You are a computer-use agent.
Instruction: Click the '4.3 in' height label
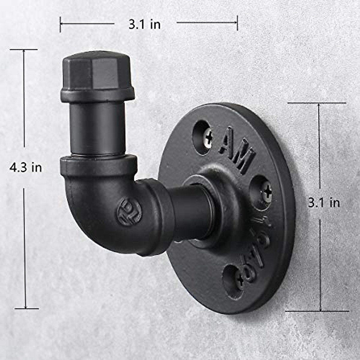[25, 167]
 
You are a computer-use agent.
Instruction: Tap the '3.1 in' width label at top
[145, 24]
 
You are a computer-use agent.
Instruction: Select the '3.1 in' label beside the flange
[324, 203]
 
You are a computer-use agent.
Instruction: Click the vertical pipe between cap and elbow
[97, 127]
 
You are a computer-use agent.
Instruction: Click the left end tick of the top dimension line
[60, 24]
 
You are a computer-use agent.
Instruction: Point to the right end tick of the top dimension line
[237, 23]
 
